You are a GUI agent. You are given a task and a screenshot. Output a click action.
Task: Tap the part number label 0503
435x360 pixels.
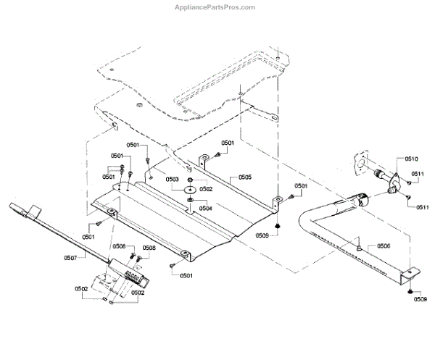[x=172, y=178]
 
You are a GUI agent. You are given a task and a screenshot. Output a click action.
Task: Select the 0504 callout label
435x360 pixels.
[x=206, y=208]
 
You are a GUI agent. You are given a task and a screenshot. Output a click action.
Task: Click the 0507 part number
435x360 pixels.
[x=70, y=257]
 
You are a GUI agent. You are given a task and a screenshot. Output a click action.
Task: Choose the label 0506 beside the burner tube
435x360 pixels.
[x=383, y=246]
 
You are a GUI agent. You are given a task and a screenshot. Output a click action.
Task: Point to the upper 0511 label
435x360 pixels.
[x=418, y=174]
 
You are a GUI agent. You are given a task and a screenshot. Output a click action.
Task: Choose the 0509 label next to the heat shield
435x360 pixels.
[x=262, y=235]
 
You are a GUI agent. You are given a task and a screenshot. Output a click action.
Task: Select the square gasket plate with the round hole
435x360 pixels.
[x=358, y=162]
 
